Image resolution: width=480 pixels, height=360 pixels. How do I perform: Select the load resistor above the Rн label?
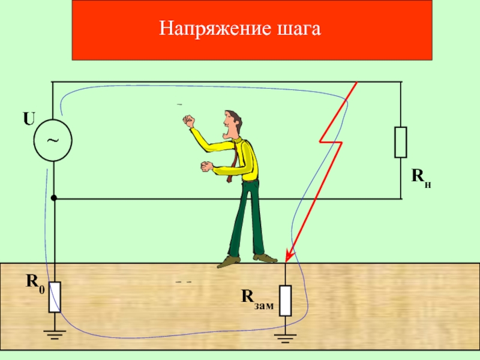pos(400,142)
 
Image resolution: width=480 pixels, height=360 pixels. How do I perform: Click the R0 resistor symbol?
pos(55,296)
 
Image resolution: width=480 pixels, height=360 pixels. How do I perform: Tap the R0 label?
pos(34,280)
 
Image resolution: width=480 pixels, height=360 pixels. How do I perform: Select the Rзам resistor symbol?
pos(285,300)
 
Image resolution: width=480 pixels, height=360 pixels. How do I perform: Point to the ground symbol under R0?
pos(55,334)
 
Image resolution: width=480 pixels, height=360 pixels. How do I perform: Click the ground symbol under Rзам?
pos(285,337)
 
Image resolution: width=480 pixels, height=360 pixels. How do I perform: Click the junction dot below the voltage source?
pos(53,198)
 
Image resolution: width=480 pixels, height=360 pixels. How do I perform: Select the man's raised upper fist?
pos(190,122)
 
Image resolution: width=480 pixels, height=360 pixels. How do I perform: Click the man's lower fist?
pos(206,166)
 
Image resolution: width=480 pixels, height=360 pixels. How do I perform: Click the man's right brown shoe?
pos(265,257)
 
